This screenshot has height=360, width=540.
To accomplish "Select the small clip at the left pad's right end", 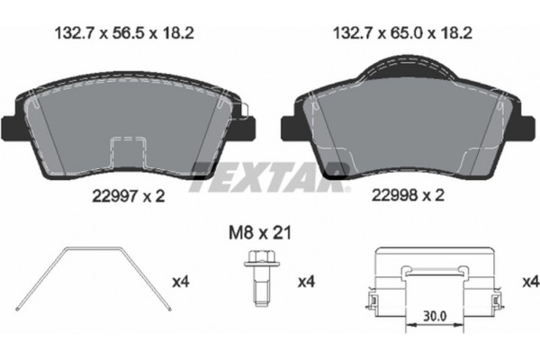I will (x=242, y=111).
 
